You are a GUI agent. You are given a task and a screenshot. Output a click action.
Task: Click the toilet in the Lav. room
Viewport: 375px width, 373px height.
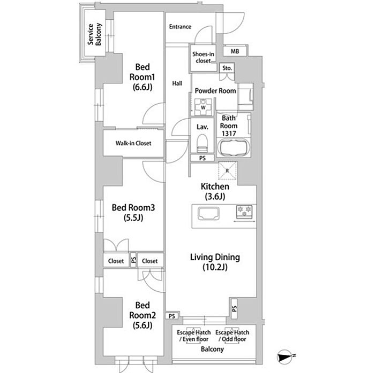click(202, 144)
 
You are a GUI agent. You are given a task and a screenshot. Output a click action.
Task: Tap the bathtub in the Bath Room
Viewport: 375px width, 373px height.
click(234, 148)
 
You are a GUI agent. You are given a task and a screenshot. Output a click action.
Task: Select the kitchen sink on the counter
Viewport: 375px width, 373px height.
click(208, 213)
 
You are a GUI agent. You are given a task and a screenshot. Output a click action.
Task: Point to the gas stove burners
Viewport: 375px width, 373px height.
click(244, 212)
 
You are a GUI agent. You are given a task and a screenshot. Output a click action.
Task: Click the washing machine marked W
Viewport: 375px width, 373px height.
click(203, 107)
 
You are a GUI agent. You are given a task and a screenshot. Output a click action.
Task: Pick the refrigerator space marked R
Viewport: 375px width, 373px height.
click(228, 170)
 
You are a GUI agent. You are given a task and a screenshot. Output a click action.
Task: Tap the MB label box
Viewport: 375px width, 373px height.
click(235, 51)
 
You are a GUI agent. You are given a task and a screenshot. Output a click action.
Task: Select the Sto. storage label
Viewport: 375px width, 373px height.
click(227, 68)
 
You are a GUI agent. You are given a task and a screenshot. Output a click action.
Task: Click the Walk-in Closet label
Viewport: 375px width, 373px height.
click(133, 143)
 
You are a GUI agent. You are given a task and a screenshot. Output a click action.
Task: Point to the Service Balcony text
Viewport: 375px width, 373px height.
click(94, 34)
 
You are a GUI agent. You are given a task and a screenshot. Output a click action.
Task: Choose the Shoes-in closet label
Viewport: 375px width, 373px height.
click(203, 58)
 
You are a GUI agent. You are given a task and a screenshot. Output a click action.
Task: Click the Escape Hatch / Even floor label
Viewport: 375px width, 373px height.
click(194, 336)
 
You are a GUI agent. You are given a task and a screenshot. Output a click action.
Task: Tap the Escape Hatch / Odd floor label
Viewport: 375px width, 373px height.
click(232, 336)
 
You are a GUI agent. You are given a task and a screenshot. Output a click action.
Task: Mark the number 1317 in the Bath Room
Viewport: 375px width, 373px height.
click(229, 134)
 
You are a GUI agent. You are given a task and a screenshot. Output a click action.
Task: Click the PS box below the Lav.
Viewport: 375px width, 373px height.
click(202, 158)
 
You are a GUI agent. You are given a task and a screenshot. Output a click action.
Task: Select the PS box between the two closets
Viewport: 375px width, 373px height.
click(133, 260)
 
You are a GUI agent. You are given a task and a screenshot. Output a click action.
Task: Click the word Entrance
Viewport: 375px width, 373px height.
click(180, 27)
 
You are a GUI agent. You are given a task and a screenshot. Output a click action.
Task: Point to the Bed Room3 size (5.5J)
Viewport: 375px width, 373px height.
click(133, 217)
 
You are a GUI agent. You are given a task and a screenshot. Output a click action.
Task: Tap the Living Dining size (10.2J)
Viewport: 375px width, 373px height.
click(215, 267)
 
